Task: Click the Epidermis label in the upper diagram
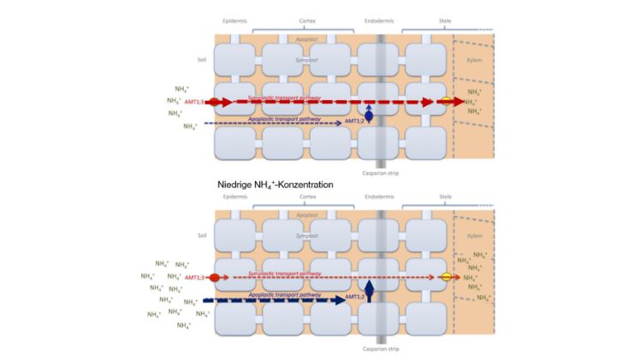234,19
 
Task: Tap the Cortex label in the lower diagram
307,196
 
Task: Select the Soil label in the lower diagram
202,236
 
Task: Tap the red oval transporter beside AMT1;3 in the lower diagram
216,278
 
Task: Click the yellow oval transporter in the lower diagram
446,278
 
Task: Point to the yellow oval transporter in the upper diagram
446,102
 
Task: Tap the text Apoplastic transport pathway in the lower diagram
283,293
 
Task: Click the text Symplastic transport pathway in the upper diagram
283,97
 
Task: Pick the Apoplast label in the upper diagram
306,39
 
